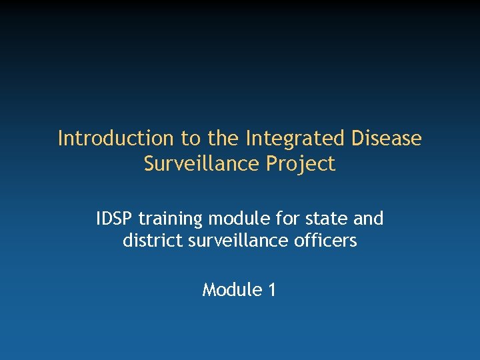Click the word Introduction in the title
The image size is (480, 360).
(x=115, y=139)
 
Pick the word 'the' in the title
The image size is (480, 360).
(x=224, y=139)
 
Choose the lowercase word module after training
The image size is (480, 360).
(x=233, y=219)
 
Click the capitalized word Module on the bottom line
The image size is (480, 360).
(x=231, y=290)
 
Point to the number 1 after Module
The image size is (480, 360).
(x=271, y=290)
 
